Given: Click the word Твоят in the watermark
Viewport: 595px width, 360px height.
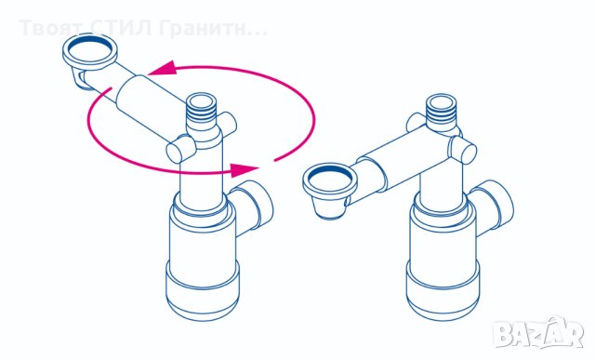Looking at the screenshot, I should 46,28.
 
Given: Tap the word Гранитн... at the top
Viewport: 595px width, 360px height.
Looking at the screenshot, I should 212,28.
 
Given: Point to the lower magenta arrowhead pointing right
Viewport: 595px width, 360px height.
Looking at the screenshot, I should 244,169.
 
